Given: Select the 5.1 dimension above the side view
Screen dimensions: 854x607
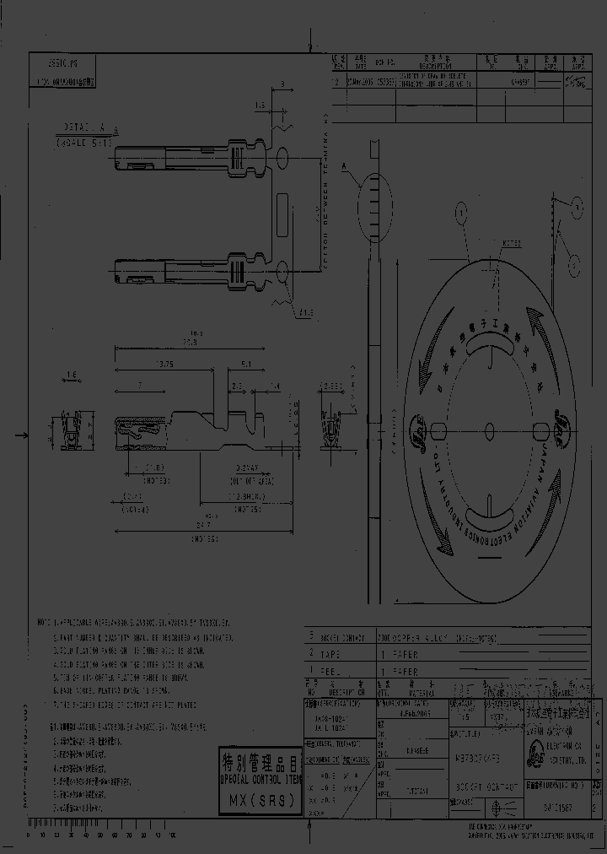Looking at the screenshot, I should pyautogui.click(x=244, y=365).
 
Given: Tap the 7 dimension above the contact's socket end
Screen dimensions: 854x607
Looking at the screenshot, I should pyautogui.click(x=140, y=384).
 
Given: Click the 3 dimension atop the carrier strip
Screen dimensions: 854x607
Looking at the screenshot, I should pyautogui.click(x=282, y=84).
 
